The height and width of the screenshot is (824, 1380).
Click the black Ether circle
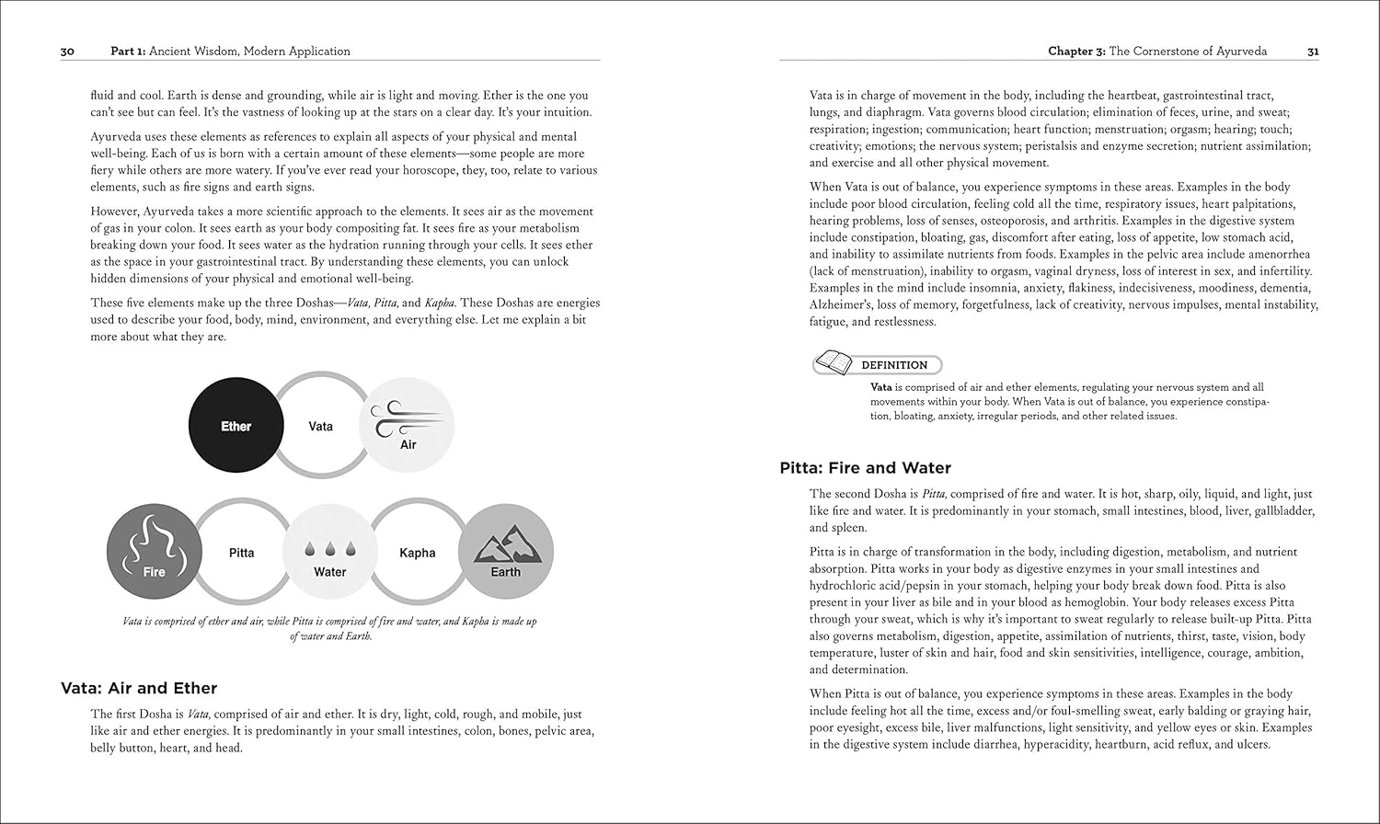pos(236,426)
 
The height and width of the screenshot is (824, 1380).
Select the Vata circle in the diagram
pos(320,426)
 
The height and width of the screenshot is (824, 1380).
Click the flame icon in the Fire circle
pos(154,543)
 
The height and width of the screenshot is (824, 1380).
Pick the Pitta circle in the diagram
pos(241,553)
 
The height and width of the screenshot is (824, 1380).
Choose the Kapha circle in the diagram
pos(417,553)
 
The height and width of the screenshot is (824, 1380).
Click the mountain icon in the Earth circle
pos(505,548)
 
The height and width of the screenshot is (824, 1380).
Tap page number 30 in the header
pos(67,51)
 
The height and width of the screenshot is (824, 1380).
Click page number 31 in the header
pos(1313,51)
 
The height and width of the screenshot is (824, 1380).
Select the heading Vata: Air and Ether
pos(139,688)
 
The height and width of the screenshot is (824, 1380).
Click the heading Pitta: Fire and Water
pos(865,468)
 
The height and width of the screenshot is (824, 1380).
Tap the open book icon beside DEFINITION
pos(833,363)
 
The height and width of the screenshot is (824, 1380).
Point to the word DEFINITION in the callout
pos(893,365)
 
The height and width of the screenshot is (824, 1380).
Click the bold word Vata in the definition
pos(881,387)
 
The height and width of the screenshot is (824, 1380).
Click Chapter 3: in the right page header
pos(1076,51)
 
